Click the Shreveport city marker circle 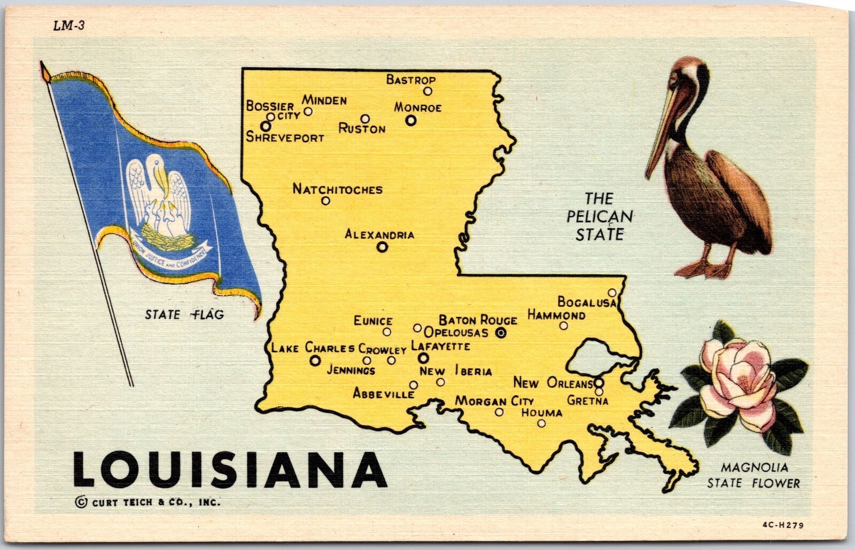pos(266,126)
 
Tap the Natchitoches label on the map pos(337,189)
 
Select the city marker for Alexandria pos(382,247)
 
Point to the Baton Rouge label pos(478,320)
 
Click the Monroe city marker pos(410,121)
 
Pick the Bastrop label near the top pos(410,80)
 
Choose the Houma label pos(541,413)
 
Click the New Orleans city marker pos(599,383)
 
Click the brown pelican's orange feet pos(705,268)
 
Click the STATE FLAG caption pos(184,315)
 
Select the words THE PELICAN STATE pos(599,217)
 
